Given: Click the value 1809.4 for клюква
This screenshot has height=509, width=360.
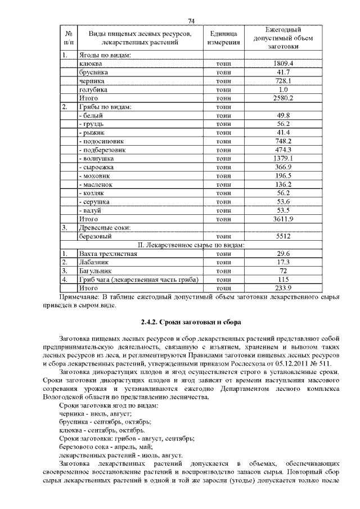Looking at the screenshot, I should coord(283,64).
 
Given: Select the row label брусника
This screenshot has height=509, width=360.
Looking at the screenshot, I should coord(94,73).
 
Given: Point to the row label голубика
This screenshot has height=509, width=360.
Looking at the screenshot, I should coord(93,89).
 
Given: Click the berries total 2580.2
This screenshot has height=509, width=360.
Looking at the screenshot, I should coord(283,98).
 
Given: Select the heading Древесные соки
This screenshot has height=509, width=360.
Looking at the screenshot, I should coord(104,228).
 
